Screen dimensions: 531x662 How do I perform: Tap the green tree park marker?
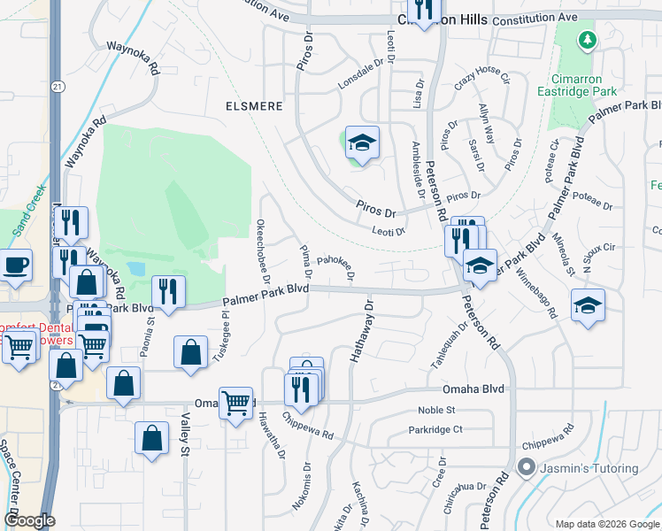[586, 40]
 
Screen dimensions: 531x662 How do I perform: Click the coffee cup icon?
[16, 265]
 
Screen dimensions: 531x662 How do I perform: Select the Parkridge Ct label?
[435, 429]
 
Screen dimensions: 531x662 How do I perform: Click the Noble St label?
[436, 410]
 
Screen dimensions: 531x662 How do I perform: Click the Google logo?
[30, 520]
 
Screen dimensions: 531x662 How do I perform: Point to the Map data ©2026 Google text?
[607, 524]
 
